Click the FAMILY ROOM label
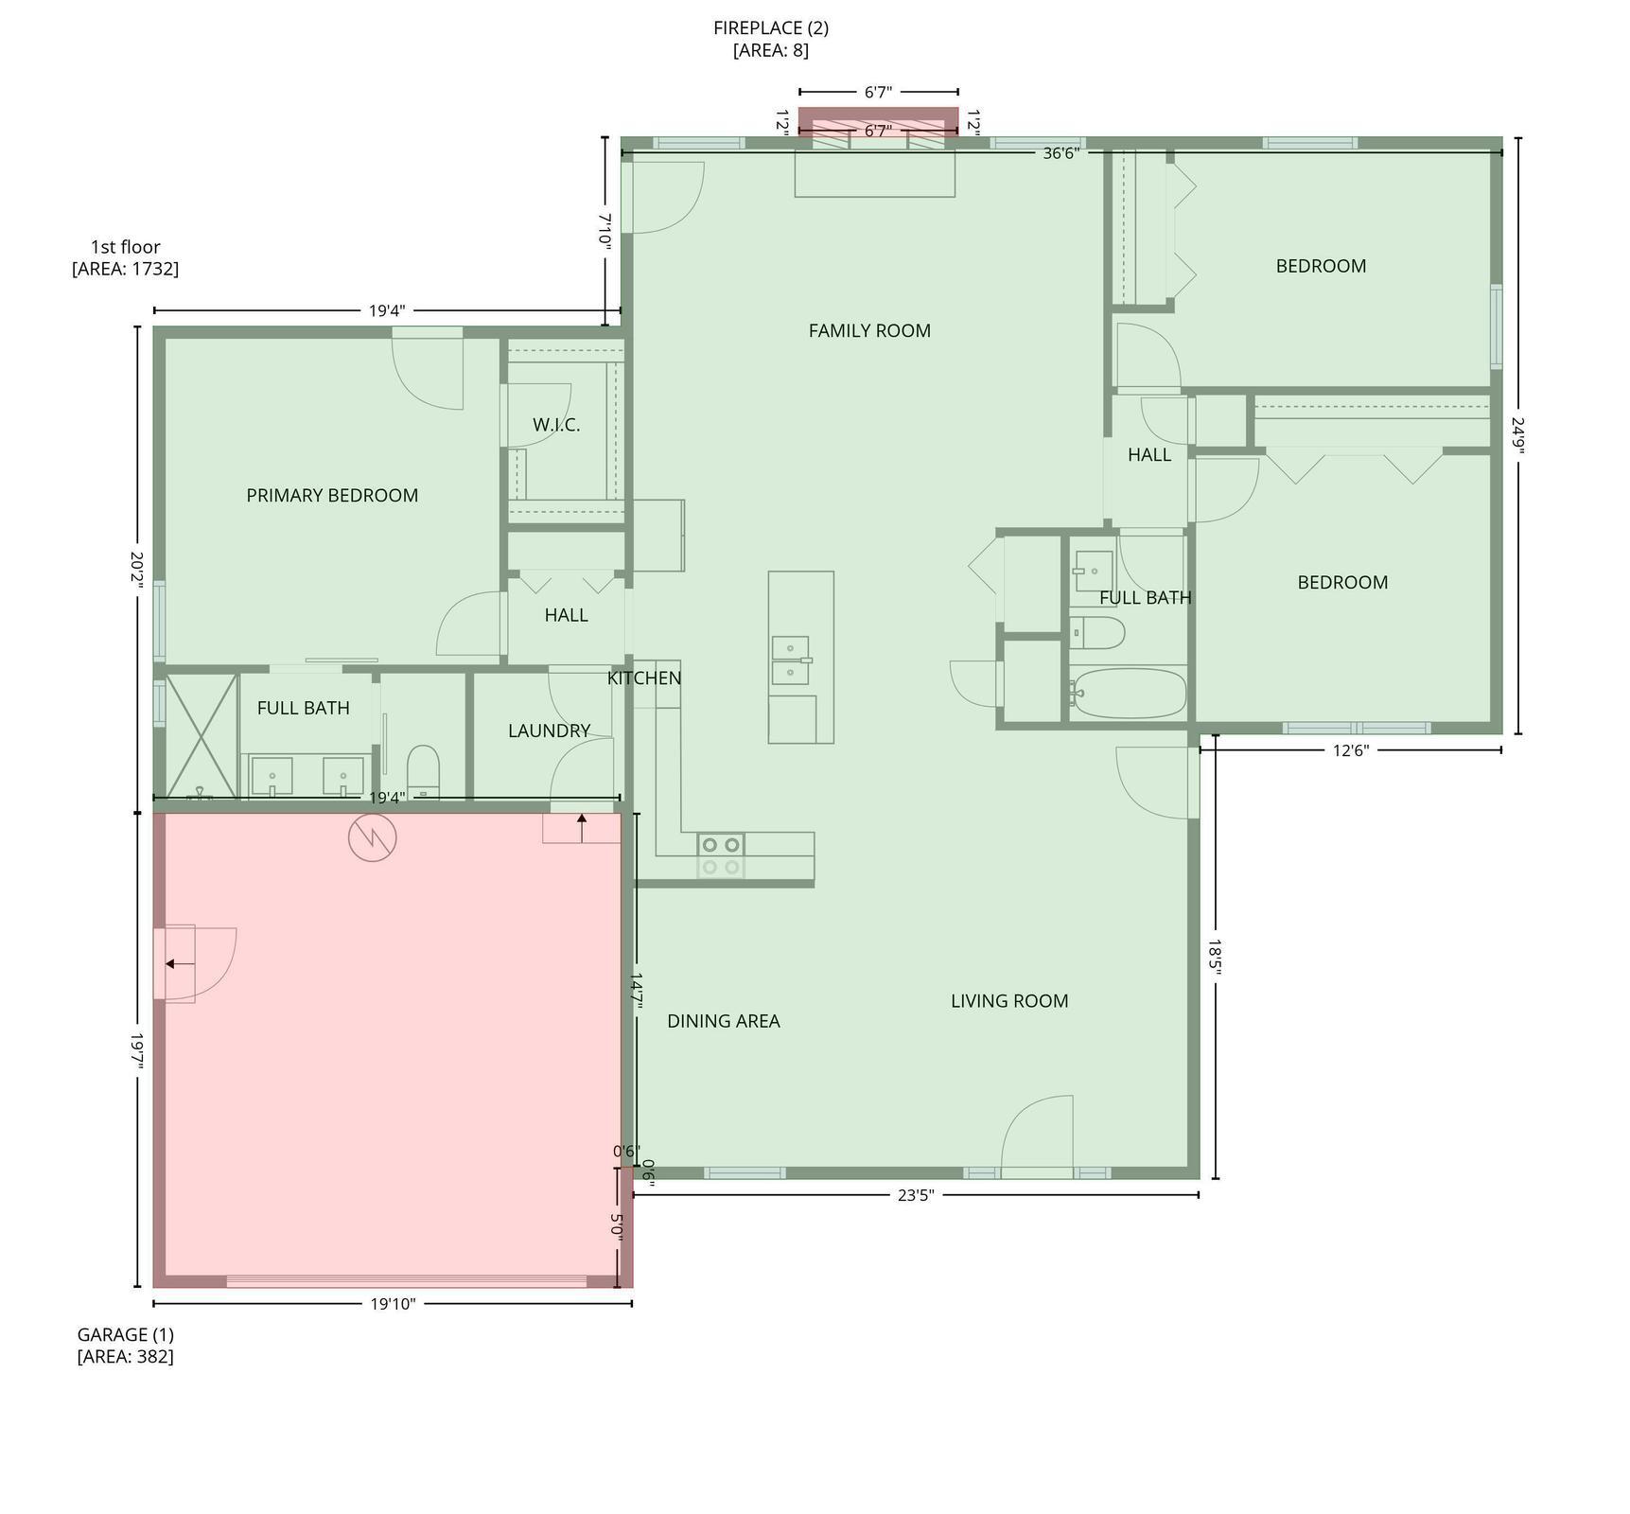click(x=869, y=331)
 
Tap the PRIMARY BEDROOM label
click(x=332, y=496)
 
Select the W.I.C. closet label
click(x=556, y=425)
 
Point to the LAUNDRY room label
click(x=549, y=731)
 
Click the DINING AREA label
click(x=724, y=1021)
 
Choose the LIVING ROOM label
click(x=1009, y=1001)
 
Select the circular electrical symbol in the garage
click(x=372, y=837)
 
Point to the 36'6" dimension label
click(x=1060, y=153)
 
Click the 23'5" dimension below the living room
click(x=915, y=1195)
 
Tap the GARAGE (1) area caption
click(x=125, y=1346)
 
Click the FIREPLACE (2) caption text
click(x=771, y=28)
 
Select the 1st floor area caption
click(x=125, y=257)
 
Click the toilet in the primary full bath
click(x=423, y=769)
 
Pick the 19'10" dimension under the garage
click(x=393, y=1304)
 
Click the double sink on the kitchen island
click(x=791, y=660)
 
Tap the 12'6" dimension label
click(x=1351, y=750)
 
